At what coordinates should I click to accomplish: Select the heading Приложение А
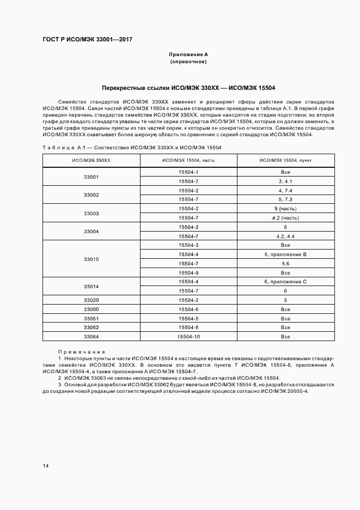click(188, 55)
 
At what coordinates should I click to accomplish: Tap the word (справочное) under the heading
click(188, 62)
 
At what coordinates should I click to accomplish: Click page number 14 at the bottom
click(46, 466)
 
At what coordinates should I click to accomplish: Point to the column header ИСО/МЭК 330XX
click(91, 160)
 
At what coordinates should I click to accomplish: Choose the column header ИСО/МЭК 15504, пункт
click(285, 160)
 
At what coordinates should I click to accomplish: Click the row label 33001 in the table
click(91, 177)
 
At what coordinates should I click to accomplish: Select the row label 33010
click(91, 259)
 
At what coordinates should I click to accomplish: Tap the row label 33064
click(91, 337)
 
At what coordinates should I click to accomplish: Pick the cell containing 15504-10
click(188, 337)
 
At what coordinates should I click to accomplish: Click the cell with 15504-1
click(188, 172)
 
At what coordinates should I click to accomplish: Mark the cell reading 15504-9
click(188, 272)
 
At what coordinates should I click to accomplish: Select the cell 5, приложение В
click(285, 254)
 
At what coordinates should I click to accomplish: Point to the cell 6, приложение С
click(285, 281)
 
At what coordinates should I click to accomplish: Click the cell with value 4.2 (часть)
click(285, 217)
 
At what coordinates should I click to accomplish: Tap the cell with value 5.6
click(285, 263)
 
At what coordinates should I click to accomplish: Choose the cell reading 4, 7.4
click(285, 190)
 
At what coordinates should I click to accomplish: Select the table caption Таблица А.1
click(65, 147)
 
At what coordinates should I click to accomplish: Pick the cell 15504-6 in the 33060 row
click(188, 309)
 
